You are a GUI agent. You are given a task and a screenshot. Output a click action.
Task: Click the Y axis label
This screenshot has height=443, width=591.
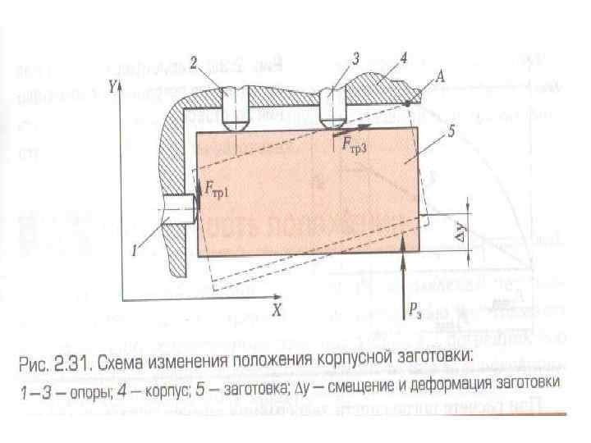[115, 84]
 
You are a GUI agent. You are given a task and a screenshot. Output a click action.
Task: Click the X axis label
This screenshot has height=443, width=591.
[277, 311]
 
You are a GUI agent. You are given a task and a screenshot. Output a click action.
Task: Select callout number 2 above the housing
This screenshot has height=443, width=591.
[193, 62]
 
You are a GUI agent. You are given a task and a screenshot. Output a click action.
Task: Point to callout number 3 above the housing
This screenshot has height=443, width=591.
[355, 59]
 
